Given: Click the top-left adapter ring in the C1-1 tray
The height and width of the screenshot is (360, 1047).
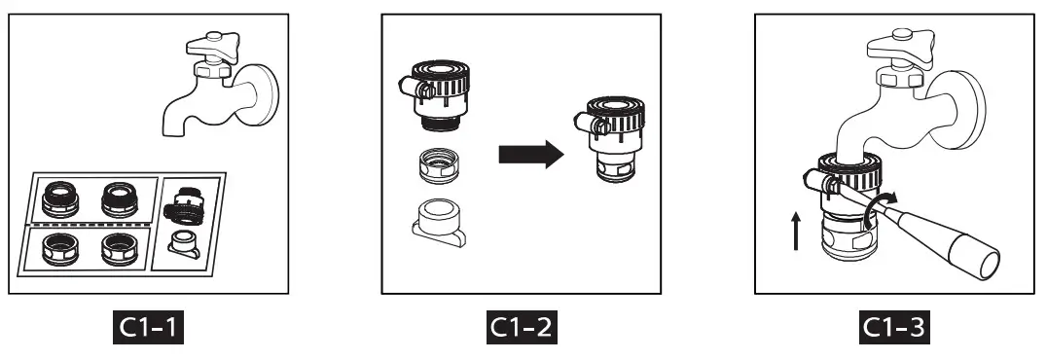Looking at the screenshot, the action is [61, 199].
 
